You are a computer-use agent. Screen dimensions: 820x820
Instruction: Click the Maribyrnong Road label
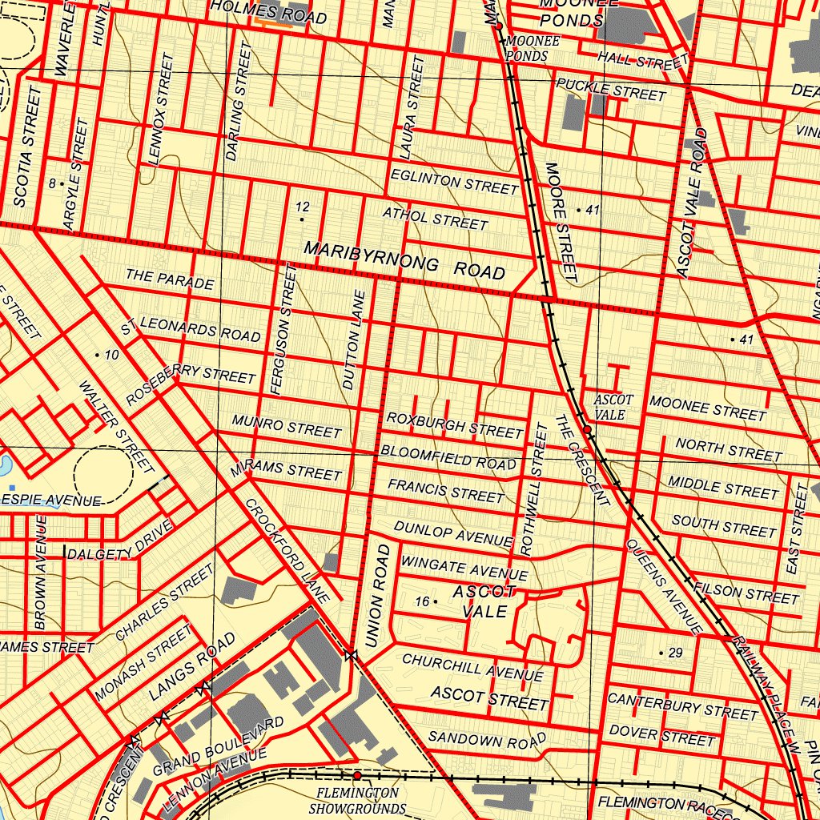(x=404, y=260)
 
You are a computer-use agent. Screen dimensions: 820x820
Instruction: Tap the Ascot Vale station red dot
(x=588, y=431)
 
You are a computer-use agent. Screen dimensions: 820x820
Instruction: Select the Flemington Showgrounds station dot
(x=357, y=775)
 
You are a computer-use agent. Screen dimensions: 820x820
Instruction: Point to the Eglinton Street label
(x=454, y=181)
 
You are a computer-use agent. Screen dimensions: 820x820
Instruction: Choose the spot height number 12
(x=302, y=207)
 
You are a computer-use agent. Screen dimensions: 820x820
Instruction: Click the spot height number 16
(x=422, y=601)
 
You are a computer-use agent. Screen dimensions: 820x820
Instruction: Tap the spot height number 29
(x=675, y=653)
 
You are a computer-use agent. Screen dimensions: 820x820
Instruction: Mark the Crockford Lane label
(x=287, y=551)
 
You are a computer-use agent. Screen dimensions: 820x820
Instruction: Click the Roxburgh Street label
(x=454, y=424)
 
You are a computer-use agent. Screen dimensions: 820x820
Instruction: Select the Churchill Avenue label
(x=472, y=666)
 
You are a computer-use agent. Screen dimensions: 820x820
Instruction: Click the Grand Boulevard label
(x=218, y=746)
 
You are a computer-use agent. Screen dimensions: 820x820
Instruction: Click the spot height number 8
(x=52, y=183)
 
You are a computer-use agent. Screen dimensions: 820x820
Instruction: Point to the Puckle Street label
(x=611, y=89)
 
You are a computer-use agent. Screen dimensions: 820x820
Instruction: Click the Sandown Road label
(x=487, y=739)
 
